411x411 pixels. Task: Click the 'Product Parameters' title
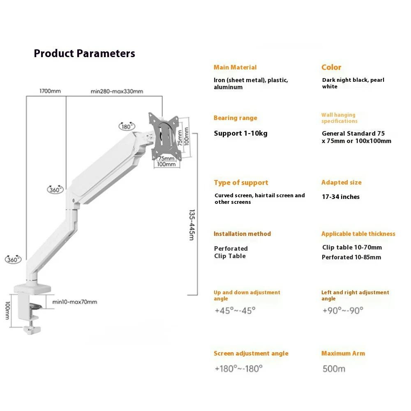click(84, 53)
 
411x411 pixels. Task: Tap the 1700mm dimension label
click(50, 91)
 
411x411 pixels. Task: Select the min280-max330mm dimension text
click(117, 91)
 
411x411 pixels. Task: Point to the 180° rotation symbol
click(126, 126)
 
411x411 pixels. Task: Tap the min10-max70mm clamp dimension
click(75, 302)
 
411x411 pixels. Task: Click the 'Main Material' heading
click(235, 67)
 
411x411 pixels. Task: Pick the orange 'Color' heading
click(331, 67)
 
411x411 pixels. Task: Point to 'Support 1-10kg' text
click(240, 133)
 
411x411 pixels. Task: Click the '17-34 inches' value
click(340, 197)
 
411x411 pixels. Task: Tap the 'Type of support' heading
click(241, 182)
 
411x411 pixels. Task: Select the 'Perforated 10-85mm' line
click(351, 257)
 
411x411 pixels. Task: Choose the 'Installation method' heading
click(242, 234)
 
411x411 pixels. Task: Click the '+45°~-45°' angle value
click(235, 310)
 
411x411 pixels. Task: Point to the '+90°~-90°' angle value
click(342, 310)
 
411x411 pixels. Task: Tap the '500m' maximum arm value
click(334, 369)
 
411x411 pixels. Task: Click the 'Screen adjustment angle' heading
click(251, 353)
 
